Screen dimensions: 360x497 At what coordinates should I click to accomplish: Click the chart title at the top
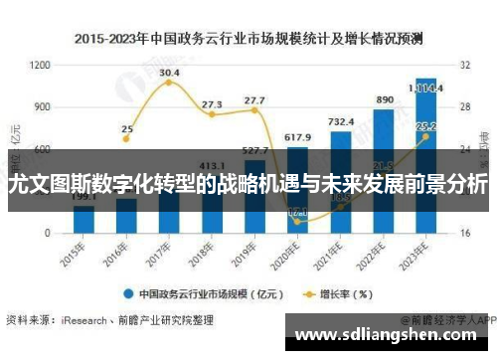(248, 40)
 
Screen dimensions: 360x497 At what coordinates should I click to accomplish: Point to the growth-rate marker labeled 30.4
(169, 83)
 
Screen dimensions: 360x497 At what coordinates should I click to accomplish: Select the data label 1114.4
(427, 87)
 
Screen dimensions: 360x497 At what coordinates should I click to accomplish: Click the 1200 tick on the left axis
(40, 65)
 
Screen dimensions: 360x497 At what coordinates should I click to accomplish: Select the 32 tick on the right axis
(465, 65)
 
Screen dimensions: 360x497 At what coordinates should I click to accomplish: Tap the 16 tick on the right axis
(465, 232)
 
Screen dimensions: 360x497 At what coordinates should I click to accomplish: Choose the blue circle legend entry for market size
(130, 293)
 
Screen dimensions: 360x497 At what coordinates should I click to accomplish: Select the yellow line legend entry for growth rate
(311, 293)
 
